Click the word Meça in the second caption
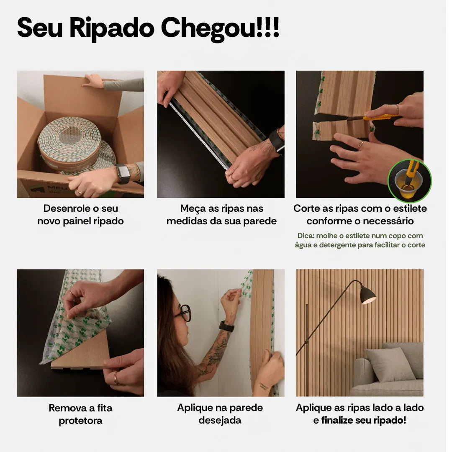tap(192, 208)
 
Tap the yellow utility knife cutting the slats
tap(379, 118)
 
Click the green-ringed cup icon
tap(409, 180)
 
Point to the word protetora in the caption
tap(80, 421)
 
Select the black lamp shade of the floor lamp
tap(368, 295)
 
